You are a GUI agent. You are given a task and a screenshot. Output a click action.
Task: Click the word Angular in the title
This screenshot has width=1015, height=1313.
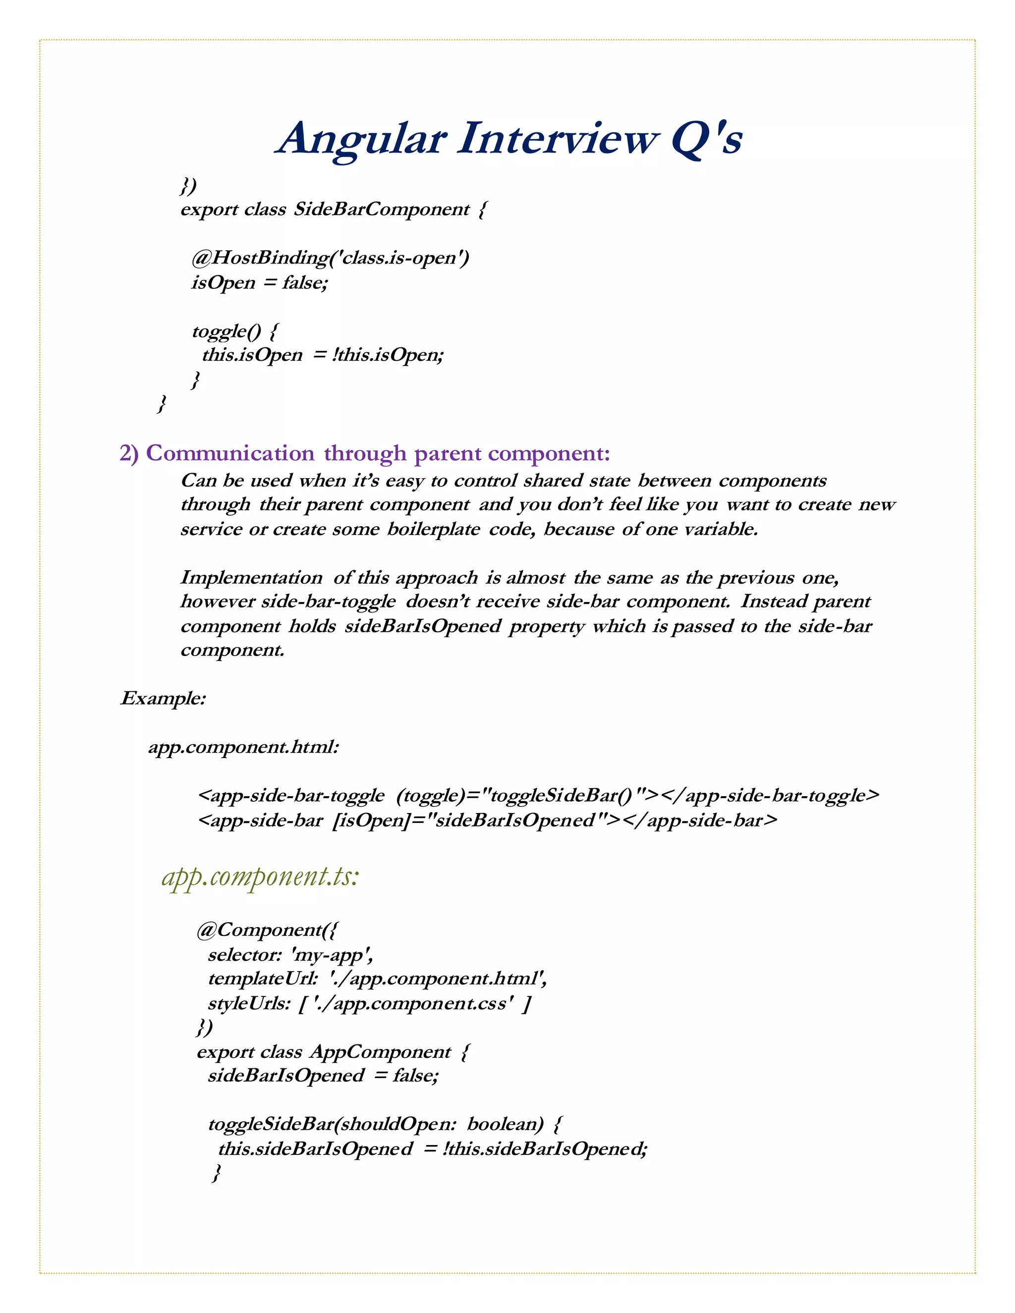click(361, 140)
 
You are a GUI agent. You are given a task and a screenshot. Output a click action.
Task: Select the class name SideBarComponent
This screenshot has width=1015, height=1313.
click(381, 209)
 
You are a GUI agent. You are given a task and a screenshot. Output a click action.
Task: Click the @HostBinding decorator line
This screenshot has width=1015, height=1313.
click(330, 258)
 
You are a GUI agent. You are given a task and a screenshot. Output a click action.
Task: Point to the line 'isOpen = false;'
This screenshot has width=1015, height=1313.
click(260, 282)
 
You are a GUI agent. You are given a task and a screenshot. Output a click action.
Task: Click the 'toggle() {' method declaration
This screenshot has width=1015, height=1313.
click(235, 330)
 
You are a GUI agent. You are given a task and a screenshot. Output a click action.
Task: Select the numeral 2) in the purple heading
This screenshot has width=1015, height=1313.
click(129, 453)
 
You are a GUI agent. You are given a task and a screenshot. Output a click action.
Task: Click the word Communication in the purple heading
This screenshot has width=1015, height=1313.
click(229, 453)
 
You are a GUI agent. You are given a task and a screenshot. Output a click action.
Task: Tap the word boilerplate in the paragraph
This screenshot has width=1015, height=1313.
click(434, 529)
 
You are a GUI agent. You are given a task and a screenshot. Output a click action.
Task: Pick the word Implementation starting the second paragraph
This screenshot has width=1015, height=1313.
click(251, 578)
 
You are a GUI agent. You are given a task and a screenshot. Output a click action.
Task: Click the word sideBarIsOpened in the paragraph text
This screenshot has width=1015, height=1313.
click(422, 626)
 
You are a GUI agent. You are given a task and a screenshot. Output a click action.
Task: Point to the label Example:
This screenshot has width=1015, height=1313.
click(164, 699)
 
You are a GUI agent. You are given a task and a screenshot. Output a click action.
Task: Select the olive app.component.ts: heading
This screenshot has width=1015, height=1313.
click(260, 876)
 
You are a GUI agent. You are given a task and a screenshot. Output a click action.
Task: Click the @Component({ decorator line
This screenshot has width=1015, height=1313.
click(268, 930)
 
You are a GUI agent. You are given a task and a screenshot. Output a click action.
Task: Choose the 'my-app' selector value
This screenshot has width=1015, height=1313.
click(332, 955)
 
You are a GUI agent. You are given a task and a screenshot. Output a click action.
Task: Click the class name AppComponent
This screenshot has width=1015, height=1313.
click(381, 1052)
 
